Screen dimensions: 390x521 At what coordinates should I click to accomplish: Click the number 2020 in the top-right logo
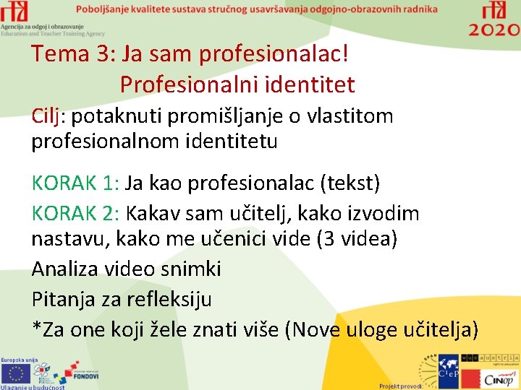pos(494,30)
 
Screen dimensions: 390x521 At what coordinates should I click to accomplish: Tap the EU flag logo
pos(15,373)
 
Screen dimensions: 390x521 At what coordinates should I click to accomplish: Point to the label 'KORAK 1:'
pos(75,183)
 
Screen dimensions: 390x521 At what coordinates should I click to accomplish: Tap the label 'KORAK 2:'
pos(75,213)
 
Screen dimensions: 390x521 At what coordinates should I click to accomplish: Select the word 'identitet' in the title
pos(309,84)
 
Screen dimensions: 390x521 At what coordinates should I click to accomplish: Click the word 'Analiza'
pos(67,269)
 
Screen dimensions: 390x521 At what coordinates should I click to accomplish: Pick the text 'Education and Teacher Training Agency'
pos(53,33)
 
